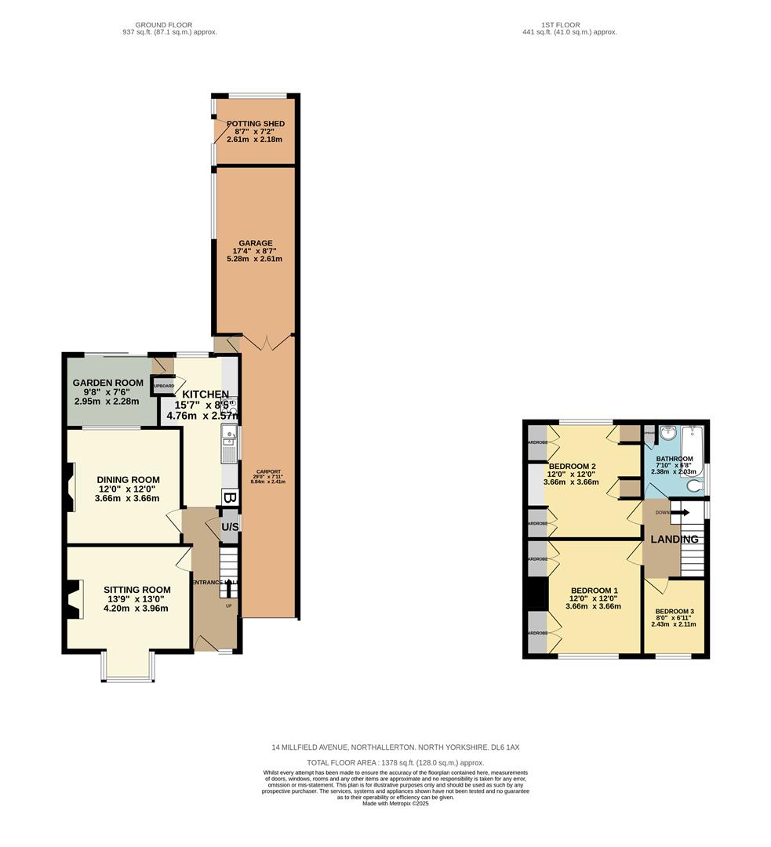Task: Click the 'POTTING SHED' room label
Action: pyautogui.click(x=255, y=124)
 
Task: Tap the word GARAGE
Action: pyautogui.click(x=256, y=243)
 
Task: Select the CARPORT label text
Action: pyautogui.click(x=267, y=471)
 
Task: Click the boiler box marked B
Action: pyautogui.click(x=229, y=497)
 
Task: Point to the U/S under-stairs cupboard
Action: pyautogui.click(x=230, y=527)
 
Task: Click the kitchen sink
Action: pyautogui.click(x=228, y=434)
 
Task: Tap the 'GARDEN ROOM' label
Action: pyautogui.click(x=108, y=383)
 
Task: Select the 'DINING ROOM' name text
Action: pyautogui.click(x=128, y=480)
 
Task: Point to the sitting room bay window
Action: pyautogui.click(x=128, y=666)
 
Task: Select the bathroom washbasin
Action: pyautogui.click(x=668, y=433)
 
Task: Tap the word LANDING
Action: pyautogui.click(x=674, y=540)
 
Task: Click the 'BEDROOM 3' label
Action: pyautogui.click(x=675, y=612)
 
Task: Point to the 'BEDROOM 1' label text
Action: pyautogui.click(x=594, y=591)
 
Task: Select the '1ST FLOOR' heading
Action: pyautogui.click(x=562, y=25)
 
